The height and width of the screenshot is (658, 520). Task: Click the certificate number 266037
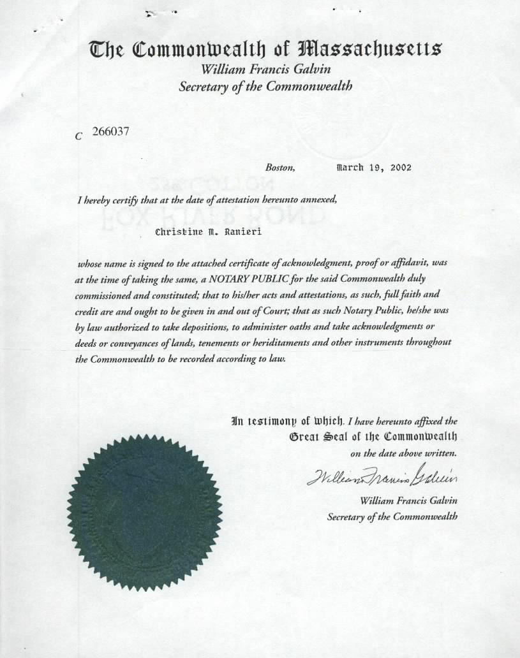(111, 133)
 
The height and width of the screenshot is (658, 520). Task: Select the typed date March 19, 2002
(374, 168)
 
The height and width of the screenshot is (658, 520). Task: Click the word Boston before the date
(279, 168)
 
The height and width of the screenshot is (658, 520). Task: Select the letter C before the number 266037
(78, 135)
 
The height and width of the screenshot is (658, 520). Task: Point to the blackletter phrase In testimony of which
(288, 421)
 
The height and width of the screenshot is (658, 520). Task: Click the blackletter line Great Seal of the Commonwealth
(373, 437)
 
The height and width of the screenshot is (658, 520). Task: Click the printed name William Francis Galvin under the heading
(265, 69)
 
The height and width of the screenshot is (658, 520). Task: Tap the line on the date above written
(404, 454)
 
